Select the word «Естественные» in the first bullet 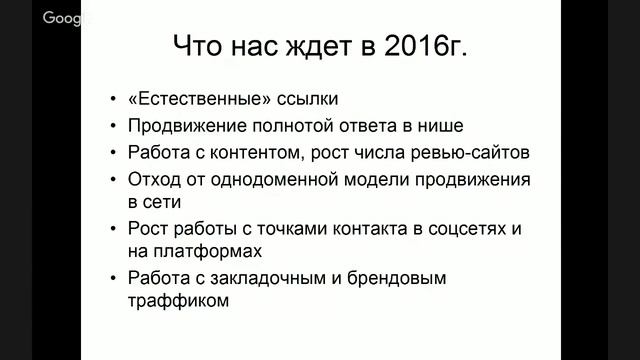(x=190, y=100)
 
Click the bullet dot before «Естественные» (x=112, y=101)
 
